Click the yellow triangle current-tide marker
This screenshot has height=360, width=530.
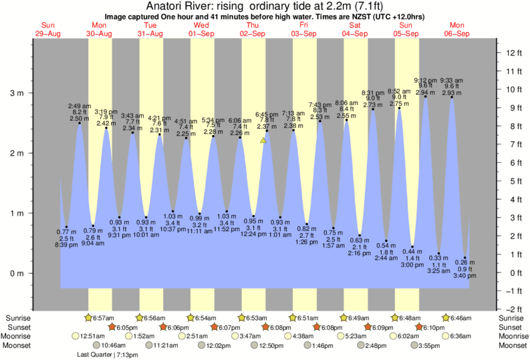pyautogui.click(x=263, y=140)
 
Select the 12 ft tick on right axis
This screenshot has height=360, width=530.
pyautogui.click(x=497, y=53)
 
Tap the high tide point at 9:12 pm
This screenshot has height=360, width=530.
pyautogui.click(x=426, y=96)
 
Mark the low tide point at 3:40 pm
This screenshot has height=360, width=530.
pyautogui.click(x=465, y=258)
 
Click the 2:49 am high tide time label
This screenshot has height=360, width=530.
pyautogui.click(x=79, y=106)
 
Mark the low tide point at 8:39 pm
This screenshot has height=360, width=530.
pyautogui.click(x=66, y=227)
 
